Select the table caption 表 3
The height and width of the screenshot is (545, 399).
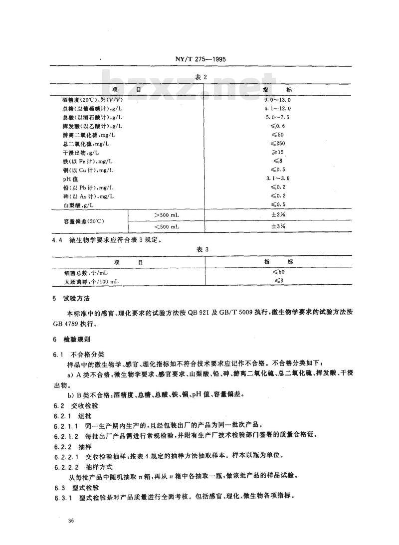tap(199, 249)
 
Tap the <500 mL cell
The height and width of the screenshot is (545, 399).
tap(167, 226)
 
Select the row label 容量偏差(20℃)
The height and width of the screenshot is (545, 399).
tap(83, 220)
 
